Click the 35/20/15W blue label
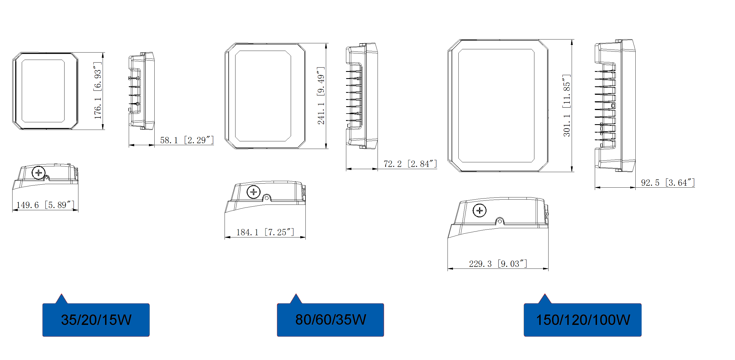96,319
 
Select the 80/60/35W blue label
330,319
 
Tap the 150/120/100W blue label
583,319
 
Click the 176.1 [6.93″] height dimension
97,90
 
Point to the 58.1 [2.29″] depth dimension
187,140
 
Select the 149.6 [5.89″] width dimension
45,205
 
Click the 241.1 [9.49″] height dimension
321,96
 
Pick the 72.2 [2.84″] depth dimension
410,164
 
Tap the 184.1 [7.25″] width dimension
265,232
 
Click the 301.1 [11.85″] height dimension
567,106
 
